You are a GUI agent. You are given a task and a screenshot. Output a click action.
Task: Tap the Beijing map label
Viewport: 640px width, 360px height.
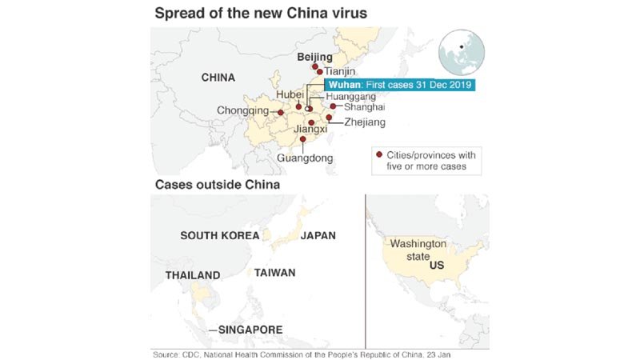[x=314, y=57]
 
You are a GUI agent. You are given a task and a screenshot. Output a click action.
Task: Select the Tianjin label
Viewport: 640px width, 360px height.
[x=339, y=71]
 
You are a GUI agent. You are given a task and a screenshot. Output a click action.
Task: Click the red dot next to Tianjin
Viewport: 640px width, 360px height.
[x=320, y=71]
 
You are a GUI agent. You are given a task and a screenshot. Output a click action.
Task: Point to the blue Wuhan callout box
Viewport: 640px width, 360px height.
[x=399, y=85]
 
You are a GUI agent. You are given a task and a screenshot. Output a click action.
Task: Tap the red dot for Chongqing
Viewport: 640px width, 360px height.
[x=280, y=113]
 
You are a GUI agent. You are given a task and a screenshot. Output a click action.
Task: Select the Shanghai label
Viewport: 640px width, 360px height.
[x=364, y=106]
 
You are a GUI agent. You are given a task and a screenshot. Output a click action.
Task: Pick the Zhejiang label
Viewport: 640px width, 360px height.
[x=364, y=122]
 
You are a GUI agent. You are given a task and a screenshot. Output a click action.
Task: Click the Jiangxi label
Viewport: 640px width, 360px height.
[x=311, y=130]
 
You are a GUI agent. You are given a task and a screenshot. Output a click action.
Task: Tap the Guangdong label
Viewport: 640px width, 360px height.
[x=304, y=158]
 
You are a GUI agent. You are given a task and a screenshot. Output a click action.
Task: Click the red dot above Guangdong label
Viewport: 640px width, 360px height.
[x=303, y=140]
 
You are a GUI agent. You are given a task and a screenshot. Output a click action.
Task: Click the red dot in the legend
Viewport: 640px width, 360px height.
[x=378, y=154]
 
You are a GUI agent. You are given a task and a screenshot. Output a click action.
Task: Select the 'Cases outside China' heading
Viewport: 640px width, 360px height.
[x=216, y=185]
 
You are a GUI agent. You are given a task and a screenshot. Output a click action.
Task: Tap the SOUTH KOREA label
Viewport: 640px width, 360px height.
[x=219, y=235]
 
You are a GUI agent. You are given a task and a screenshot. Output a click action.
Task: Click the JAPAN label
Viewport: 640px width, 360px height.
[x=318, y=235]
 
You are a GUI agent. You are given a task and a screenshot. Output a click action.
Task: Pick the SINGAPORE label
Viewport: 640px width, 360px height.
[x=250, y=330]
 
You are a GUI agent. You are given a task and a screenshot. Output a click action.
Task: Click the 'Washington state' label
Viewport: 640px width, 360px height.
[x=418, y=250]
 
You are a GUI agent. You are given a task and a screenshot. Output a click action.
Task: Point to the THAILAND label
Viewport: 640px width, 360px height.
[x=193, y=275]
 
